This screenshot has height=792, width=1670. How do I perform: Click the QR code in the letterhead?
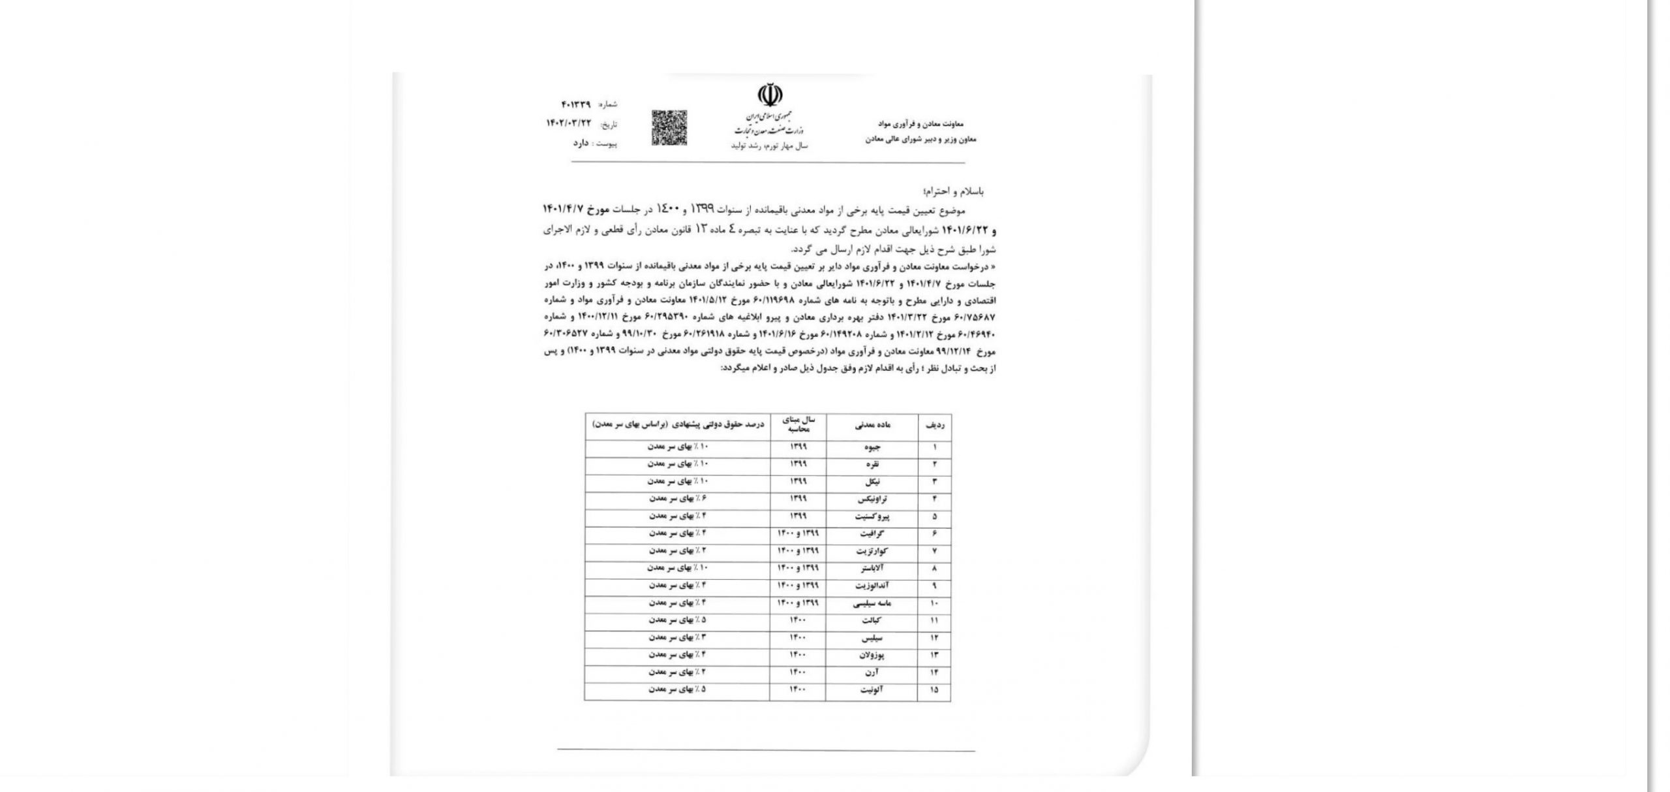[x=669, y=128]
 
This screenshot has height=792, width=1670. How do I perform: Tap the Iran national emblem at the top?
[x=770, y=96]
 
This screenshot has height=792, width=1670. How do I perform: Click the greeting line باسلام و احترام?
[x=953, y=191]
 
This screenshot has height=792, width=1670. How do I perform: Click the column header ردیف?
[x=934, y=425]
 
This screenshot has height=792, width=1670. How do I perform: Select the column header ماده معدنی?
[x=872, y=425]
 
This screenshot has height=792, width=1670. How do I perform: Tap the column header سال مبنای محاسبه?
[x=798, y=425]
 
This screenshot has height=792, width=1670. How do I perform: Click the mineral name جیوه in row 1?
[x=872, y=448]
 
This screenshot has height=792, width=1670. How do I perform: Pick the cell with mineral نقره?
[x=872, y=465]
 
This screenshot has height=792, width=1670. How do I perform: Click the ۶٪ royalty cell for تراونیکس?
[x=676, y=499]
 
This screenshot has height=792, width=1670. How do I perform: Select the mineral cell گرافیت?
[x=872, y=534]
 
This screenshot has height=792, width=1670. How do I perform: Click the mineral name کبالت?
[x=872, y=621]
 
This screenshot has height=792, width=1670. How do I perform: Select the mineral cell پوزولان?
[x=872, y=655]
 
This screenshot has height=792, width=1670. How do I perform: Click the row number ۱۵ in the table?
[x=934, y=690]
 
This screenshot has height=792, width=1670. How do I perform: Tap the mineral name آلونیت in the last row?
[x=872, y=690]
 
